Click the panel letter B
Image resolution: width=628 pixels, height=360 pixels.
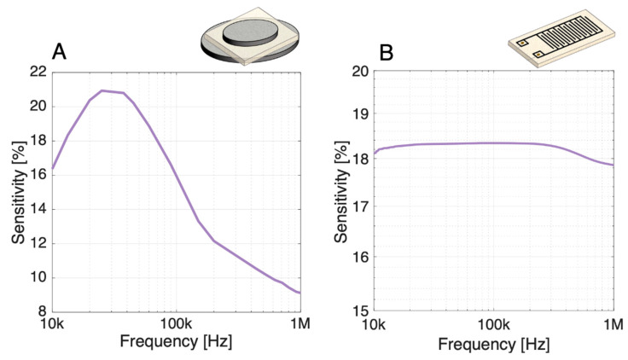pyautogui.click(x=387, y=54)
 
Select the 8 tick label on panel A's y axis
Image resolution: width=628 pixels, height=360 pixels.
pyautogui.click(x=38, y=312)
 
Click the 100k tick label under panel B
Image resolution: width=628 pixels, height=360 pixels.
pyautogui.click(x=493, y=326)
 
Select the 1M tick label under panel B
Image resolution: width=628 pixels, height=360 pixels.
pyautogui.click(x=613, y=326)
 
